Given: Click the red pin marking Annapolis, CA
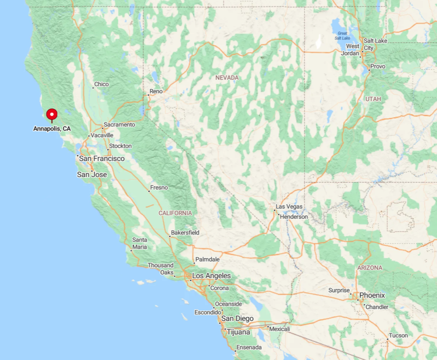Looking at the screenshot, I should pyautogui.click(x=52, y=114).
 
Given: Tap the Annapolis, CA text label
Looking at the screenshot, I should pyautogui.click(x=52, y=129).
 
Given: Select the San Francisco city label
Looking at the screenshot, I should pyautogui.click(x=102, y=158).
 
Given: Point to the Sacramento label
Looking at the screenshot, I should pyautogui.click(x=119, y=125).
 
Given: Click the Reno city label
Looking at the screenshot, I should pyautogui.click(x=156, y=91).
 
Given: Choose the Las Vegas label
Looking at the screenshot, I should pyautogui.click(x=289, y=207).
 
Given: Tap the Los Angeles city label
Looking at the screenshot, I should pyautogui.click(x=211, y=276).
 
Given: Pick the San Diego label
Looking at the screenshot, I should pyautogui.click(x=238, y=319).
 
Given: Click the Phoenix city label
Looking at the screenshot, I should pyautogui.click(x=372, y=295).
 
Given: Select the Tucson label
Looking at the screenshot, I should pyautogui.click(x=398, y=336).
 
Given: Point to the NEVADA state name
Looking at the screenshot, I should pyautogui.click(x=227, y=78).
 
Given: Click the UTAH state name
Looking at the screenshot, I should pyautogui.click(x=373, y=99).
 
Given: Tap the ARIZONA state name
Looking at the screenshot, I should pyautogui.click(x=369, y=268).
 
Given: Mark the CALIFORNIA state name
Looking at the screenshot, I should pyautogui.click(x=175, y=213).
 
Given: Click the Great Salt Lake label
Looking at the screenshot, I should pyautogui.click(x=342, y=35).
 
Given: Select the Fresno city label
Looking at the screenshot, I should pyautogui.click(x=159, y=187).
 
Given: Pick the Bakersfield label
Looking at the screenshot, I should pyautogui.click(x=185, y=233).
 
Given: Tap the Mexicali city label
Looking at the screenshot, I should pyautogui.click(x=279, y=329).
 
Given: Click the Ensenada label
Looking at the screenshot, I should pyautogui.click(x=249, y=347).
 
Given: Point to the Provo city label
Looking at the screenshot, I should pyautogui.click(x=378, y=67).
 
